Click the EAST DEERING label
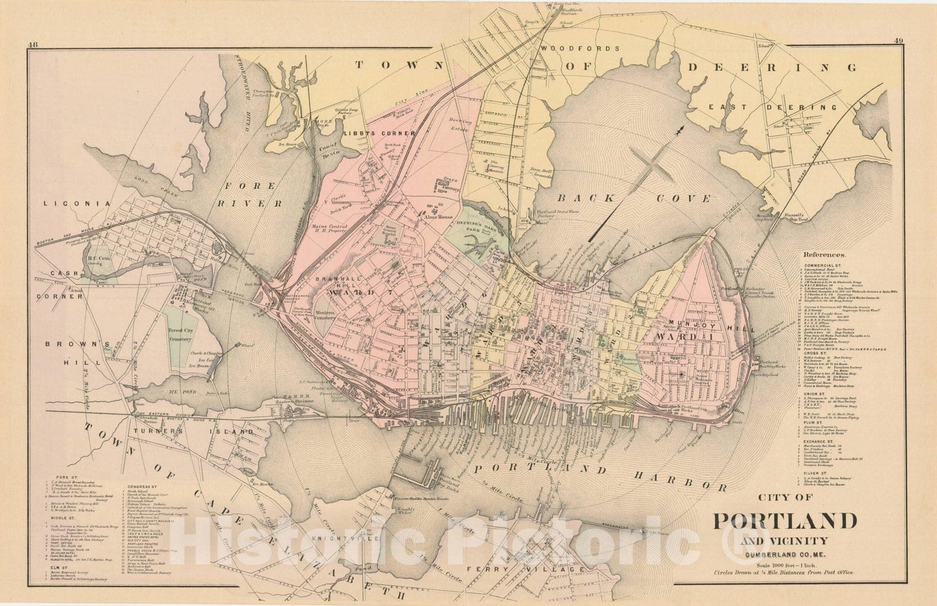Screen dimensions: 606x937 point(772,108)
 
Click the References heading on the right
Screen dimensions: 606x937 point(825,255)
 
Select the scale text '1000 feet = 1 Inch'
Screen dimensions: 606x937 point(784,562)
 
